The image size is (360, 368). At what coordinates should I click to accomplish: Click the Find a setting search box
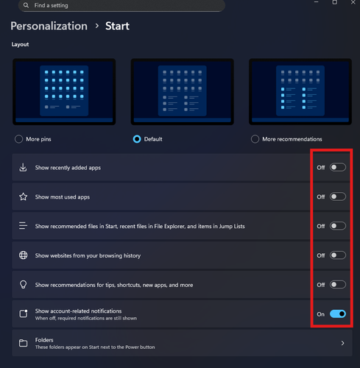click(121, 5)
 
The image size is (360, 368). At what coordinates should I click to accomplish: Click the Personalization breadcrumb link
click(49, 26)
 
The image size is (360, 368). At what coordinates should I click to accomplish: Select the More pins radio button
click(18, 139)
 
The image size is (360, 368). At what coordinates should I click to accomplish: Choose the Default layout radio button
click(137, 139)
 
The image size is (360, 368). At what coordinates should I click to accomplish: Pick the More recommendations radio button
click(255, 139)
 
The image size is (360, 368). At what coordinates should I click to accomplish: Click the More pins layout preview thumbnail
click(64, 92)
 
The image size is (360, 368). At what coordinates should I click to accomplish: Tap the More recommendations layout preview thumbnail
click(300, 92)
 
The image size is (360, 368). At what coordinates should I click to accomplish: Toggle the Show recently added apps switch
click(338, 167)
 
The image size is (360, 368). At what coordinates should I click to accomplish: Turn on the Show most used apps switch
click(338, 197)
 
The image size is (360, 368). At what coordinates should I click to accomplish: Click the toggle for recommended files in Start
click(338, 226)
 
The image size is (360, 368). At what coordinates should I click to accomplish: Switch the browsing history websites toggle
click(338, 255)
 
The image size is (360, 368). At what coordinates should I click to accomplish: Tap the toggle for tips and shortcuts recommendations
click(338, 285)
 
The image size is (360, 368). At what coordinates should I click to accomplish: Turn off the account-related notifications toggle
click(338, 314)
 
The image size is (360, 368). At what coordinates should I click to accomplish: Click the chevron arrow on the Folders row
click(342, 343)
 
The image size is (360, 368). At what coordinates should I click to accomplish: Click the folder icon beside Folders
click(24, 343)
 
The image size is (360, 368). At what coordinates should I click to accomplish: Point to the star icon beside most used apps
click(24, 197)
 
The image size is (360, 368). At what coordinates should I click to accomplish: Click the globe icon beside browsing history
click(24, 255)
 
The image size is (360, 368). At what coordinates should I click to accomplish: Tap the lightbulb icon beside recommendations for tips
click(24, 285)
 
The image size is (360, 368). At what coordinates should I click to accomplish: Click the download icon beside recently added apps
click(23, 168)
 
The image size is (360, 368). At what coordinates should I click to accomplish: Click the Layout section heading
click(20, 44)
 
